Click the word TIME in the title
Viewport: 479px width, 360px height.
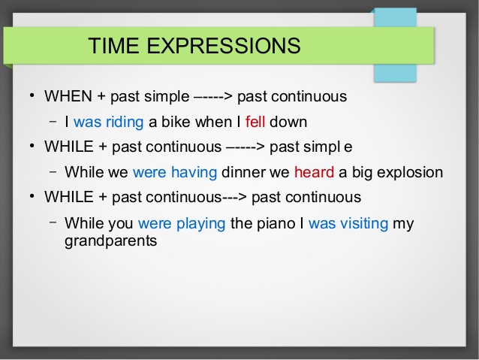(113, 46)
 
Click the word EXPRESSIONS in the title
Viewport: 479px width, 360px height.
(224, 46)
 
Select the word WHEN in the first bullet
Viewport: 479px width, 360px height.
(68, 96)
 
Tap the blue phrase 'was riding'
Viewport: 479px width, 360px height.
(108, 122)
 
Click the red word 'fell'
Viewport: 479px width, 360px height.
(255, 122)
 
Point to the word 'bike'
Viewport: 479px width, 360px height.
(176, 122)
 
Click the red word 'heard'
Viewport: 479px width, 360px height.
(314, 172)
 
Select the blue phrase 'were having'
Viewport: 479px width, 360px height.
(175, 173)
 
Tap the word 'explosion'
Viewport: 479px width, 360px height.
(410, 173)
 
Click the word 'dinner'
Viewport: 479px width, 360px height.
(243, 172)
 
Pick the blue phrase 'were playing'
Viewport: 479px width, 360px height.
(182, 223)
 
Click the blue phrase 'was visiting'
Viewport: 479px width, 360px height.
(348, 223)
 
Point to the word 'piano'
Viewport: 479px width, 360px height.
(276, 223)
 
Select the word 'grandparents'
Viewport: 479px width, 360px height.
(111, 241)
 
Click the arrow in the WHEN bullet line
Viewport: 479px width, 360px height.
(213, 97)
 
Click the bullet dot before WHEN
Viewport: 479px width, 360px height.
(32, 95)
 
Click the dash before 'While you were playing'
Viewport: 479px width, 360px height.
(53, 222)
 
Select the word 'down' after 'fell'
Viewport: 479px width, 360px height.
(288, 122)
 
